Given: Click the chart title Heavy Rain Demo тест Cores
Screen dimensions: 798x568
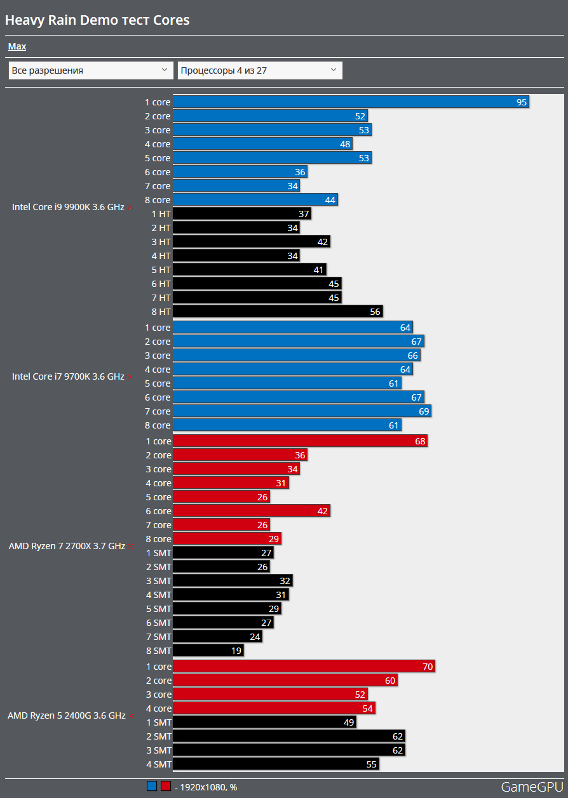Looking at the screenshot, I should [97, 20].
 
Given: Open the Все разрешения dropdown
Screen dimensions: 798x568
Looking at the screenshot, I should [90, 70].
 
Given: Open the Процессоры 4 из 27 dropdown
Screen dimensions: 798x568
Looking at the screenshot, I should [259, 70].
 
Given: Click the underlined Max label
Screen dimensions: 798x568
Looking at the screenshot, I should [17, 46].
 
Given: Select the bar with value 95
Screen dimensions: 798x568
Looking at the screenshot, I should [350, 102].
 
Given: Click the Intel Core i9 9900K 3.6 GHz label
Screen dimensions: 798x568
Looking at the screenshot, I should [68, 207].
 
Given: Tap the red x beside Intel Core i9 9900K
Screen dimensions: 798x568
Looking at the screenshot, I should [130, 208].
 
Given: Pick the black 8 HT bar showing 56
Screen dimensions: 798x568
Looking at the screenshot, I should [277, 312].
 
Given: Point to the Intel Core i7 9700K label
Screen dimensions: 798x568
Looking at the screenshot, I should [68, 376].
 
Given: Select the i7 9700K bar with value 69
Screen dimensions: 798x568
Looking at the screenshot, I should [302, 411].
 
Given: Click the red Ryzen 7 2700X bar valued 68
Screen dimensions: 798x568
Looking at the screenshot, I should [299, 441].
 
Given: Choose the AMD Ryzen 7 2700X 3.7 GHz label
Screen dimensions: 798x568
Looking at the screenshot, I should [67, 546].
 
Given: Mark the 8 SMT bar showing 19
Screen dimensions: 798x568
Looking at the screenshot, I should [208, 651].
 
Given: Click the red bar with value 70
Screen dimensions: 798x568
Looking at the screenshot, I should [303, 667].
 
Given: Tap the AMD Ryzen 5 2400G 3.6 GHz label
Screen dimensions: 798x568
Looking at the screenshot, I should [67, 715].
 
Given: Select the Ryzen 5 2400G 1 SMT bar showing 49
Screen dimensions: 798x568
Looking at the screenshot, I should [264, 722].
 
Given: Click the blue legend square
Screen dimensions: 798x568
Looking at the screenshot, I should [151, 787].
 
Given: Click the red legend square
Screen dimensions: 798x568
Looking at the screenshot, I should [166, 787].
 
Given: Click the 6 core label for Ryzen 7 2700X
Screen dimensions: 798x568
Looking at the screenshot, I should [158, 511].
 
